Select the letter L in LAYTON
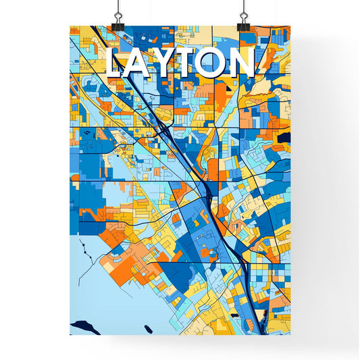tap(116, 63)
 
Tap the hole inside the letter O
tap(215, 63)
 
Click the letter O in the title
tap(215, 63)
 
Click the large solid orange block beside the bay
tap(111, 232)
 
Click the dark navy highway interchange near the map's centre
tap(206, 196)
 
